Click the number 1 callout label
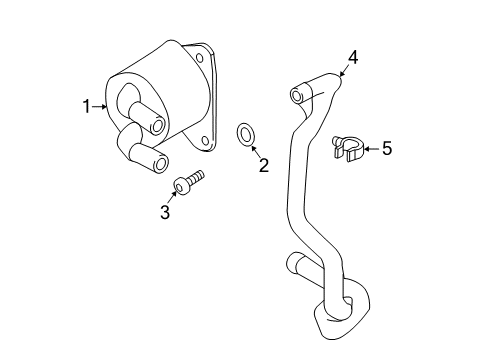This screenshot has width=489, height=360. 87,104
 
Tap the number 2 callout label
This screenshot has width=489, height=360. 263,166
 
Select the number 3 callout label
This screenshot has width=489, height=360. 166,212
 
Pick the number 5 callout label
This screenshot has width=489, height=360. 386,149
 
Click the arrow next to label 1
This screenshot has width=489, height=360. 99,105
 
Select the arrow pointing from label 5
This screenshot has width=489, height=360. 369,149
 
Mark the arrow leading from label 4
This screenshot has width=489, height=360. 344,70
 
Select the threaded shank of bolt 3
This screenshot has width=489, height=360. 196,178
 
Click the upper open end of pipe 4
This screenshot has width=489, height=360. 296,95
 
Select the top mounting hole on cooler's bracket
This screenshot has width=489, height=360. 201,58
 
